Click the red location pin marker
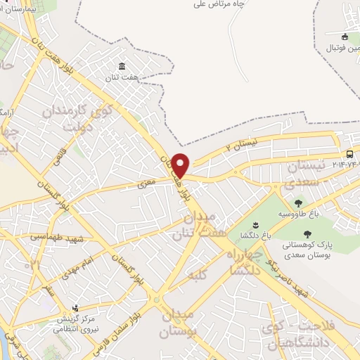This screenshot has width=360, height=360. tap(181, 165)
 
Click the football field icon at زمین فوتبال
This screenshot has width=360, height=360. tap(345, 37)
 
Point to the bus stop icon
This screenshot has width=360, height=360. tap(349, 154)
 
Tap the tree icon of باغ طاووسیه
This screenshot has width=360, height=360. tap(298, 202)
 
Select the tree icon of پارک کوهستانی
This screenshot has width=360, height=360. tap(307, 234)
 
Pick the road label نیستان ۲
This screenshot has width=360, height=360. tap(238, 146)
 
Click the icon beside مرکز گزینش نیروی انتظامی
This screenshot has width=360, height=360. tap(75, 308)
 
